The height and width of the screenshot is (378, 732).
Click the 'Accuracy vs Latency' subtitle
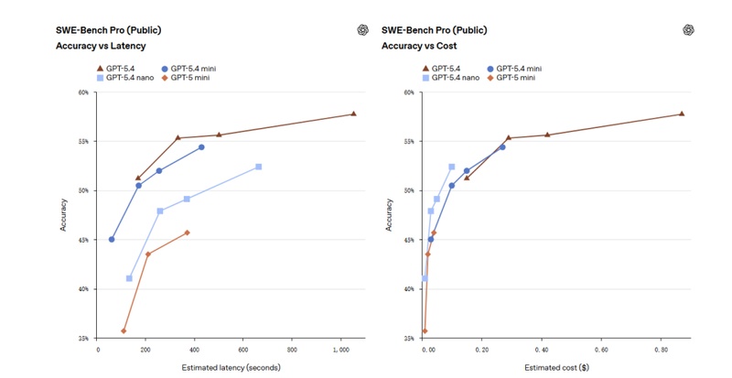(x=101, y=45)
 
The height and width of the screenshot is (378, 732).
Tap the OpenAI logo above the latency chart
(x=362, y=29)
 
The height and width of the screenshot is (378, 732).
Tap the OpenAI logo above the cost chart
(x=689, y=29)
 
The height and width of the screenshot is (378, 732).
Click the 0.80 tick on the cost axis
(x=662, y=349)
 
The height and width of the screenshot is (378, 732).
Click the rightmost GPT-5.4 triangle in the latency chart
(x=353, y=113)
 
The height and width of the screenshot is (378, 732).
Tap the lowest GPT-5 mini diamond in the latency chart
(x=124, y=330)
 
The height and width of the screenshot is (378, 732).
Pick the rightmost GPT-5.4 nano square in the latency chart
(x=259, y=167)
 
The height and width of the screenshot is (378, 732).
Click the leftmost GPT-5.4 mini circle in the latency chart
(x=112, y=240)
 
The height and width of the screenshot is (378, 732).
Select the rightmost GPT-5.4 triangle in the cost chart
(x=682, y=113)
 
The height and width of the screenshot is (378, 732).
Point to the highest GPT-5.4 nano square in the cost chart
(x=451, y=167)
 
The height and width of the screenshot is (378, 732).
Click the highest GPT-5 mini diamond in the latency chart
(x=187, y=232)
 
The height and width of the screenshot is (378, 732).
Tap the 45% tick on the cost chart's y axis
(x=409, y=240)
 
